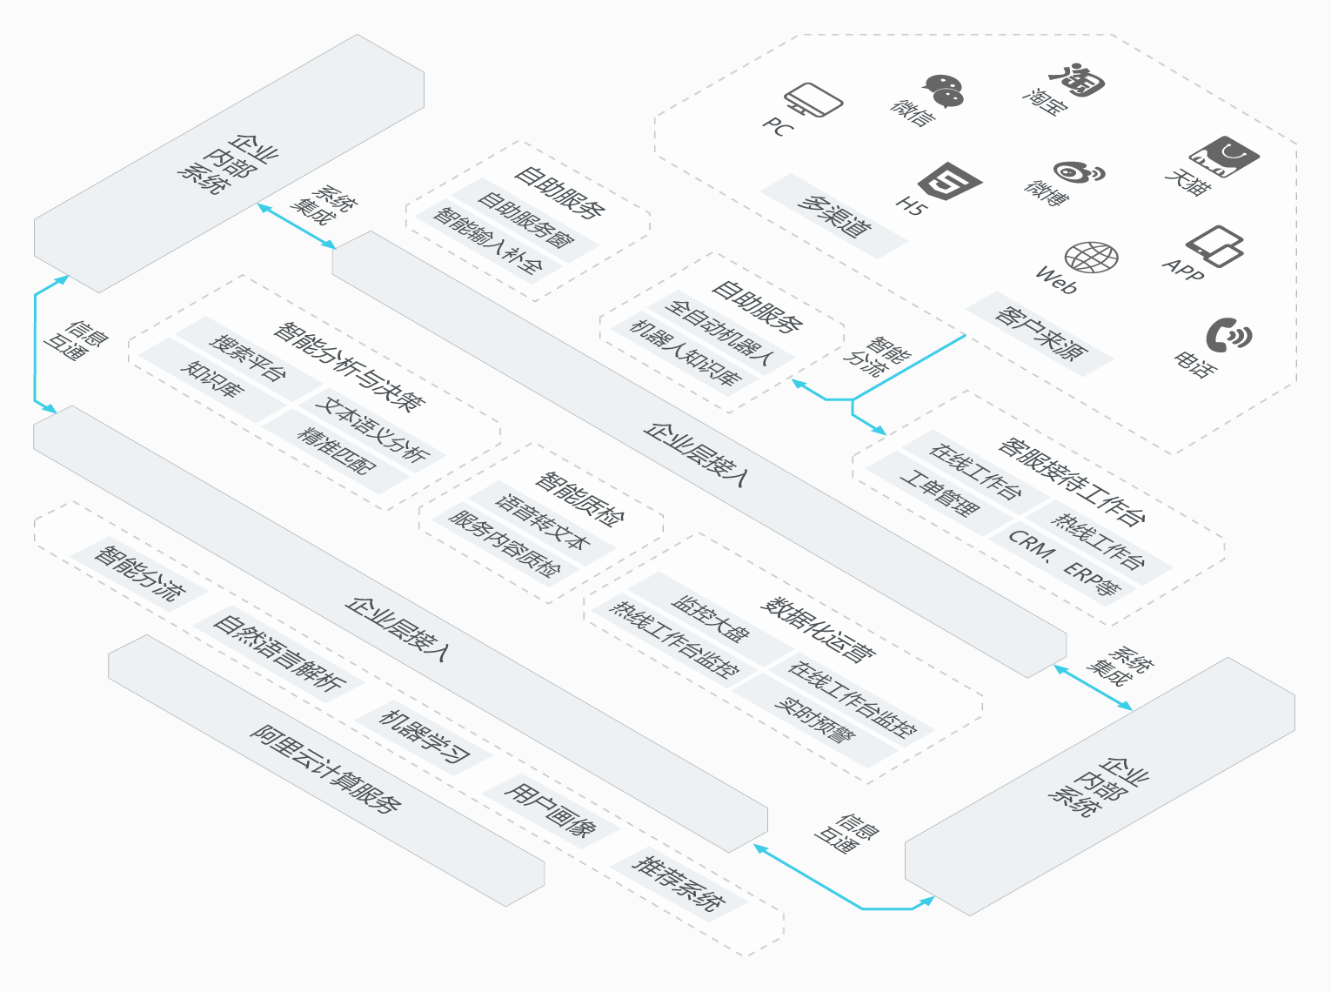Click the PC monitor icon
(x=813, y=100)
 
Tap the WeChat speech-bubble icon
(x=943, y=90)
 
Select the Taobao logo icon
(x=1077, y=79)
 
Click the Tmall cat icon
(x=1224, y=157)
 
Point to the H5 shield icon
(x=949, y=183)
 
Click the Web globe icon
(x=1091, y=258)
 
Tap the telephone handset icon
(x=1227, y=335)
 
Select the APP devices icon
(x=1214, y=246)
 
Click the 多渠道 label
(x=834, y=216)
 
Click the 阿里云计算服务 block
(x=326, y=769)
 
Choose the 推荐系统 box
(x=679, y=883)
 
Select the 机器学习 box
(x=425, y=736)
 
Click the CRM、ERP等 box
(x=1065, y=562)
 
